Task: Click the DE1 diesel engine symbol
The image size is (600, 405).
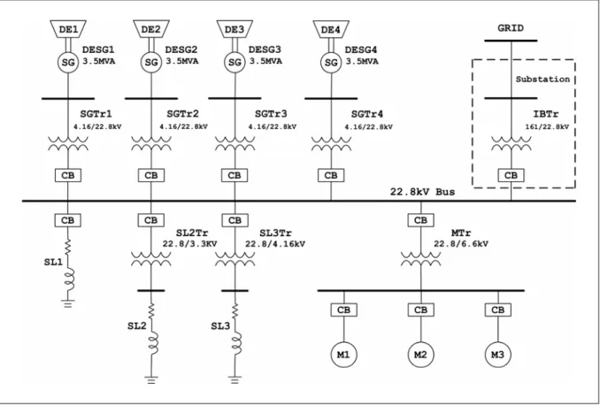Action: (68, 28)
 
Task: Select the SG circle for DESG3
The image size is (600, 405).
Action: (235, 62)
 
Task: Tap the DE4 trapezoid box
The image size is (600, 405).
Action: (331, 29)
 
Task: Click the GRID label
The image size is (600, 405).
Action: (511, 28)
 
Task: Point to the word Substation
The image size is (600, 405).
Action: (542, 80)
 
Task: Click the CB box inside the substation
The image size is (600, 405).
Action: (511, 176)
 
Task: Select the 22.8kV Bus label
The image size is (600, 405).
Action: (422, 192)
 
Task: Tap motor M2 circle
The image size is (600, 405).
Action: (421, 355)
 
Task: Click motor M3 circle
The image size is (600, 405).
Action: (498, 355)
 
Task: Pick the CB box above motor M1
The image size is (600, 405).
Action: (344, 309)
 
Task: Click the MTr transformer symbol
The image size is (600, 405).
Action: (421, 258)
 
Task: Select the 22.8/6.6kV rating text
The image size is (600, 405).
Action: (461, 243)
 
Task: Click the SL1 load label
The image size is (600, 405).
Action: (53, 262)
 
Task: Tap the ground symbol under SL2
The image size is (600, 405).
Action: (151, 379)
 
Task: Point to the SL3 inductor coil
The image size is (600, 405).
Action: (236, 343)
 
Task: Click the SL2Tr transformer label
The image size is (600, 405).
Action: (192, 233)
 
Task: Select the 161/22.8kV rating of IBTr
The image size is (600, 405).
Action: (547, 126)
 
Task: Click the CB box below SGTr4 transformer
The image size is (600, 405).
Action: (331, 176)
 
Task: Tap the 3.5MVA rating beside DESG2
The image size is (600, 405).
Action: (181, 61)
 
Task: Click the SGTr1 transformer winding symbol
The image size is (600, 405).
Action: (68, 143)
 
